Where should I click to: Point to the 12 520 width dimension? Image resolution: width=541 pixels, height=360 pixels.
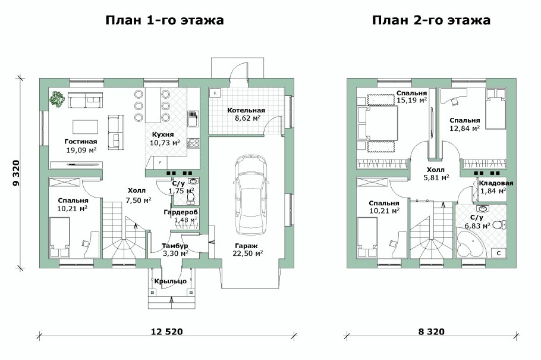click(166, 331)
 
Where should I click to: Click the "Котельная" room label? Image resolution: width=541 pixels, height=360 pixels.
click(246, 111)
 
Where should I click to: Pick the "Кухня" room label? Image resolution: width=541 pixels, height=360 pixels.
click(162, 135)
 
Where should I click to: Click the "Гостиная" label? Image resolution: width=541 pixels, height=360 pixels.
click(80, 142)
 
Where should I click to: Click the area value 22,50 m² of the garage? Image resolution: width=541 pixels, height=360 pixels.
click(247, 253)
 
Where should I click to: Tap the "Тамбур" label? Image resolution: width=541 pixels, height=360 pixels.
click(175, 245)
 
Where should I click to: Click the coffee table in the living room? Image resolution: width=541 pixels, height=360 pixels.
click(86, 127)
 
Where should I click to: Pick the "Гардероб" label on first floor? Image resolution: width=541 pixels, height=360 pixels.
click(181, 212)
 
